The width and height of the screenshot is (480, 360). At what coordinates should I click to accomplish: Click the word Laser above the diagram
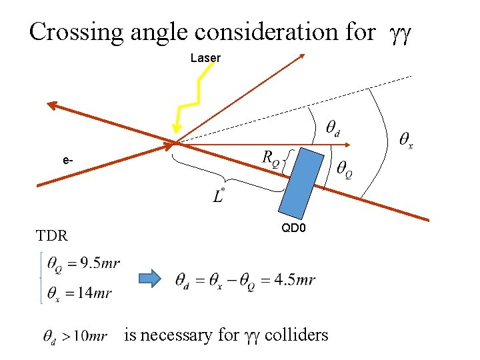coord(205,58)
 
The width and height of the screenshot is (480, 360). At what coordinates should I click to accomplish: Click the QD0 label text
coord(294,228)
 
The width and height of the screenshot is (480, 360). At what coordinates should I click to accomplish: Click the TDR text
coord(51,235)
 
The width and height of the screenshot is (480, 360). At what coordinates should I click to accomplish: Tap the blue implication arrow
coord(150,279)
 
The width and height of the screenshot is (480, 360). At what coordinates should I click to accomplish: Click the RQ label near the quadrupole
coord(271,159)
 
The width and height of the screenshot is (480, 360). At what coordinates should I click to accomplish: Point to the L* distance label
coord(219,195)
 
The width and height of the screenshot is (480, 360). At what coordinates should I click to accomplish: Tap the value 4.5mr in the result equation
coord(295,280)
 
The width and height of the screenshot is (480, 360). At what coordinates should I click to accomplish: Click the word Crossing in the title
coord(73,31)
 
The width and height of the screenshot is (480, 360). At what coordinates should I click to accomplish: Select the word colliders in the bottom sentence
coord(297,334)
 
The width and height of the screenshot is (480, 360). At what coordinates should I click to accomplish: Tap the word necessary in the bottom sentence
coord(176,335)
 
